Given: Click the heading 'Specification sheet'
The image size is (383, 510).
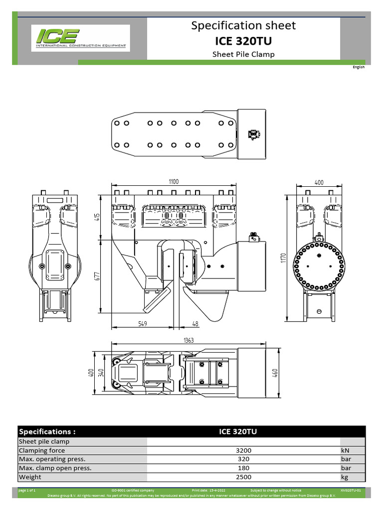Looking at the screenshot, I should click(x=243, y=25).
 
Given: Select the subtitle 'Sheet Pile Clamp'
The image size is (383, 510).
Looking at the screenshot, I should click(x=243, y=54).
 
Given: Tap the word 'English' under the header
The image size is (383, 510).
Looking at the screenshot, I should click(x=359, y=67).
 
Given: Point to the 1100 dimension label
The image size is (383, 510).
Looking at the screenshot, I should click(x=174, y=182).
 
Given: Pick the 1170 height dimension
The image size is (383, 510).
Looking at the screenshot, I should click(x=283, y=258).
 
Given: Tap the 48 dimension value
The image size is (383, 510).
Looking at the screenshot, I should click(x=195, y=324).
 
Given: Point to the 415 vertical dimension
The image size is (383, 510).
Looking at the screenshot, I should click(x=98, y=218).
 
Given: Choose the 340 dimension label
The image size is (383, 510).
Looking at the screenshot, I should click(x=101, y=373).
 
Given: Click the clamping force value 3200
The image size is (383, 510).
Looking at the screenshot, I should click(x=243, y=450).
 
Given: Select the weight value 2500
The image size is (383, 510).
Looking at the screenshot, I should click(x=243, y=477).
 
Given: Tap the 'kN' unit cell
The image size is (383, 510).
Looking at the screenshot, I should click(x=346, y=450).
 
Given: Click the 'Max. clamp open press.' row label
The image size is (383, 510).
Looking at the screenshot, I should click(x=55, y=468).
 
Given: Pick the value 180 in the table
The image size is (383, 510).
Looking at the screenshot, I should click(x=243, y=468).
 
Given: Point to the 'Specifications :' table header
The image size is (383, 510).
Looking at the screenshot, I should click(x=47, y=431).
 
